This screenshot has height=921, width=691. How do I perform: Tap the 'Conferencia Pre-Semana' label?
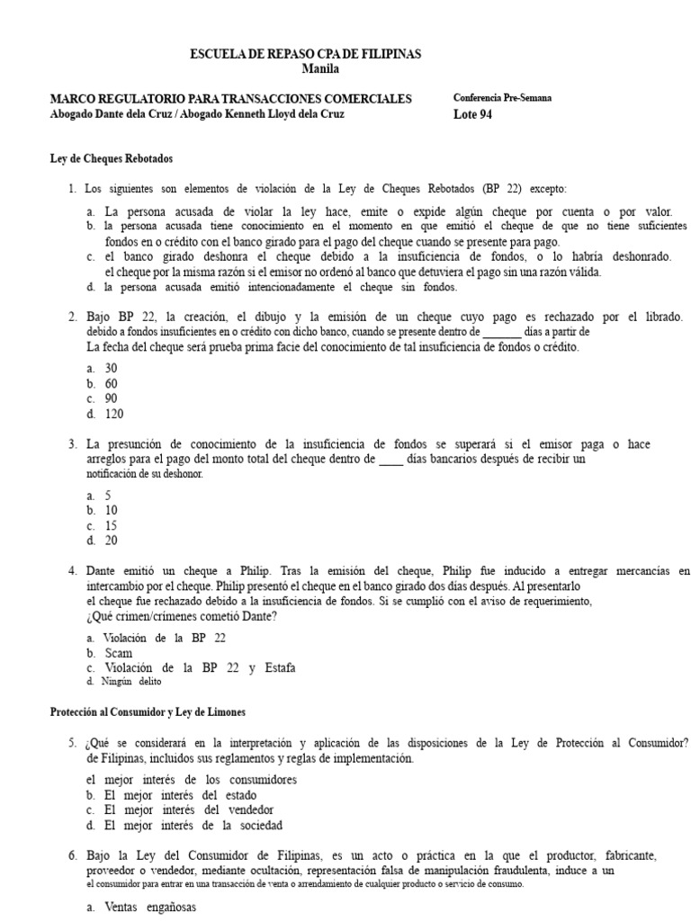pos(503,98)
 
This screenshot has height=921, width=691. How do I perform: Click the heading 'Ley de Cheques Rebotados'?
pos(111,158)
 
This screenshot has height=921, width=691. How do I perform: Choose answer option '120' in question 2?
pos(113,415)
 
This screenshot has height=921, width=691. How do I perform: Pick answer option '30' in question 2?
pos(111,369)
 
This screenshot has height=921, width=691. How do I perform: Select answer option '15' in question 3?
pos(111,526)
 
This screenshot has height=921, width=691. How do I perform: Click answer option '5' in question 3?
pos(108,496)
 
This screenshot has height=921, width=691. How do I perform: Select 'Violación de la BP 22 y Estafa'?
pos(200,667)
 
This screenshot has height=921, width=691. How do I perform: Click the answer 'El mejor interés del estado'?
pos(180,795)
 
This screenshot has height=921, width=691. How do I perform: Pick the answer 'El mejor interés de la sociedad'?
pos(193,825)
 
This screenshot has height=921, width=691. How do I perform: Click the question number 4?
pos(72,570)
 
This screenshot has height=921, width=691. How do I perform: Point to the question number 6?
pos(72,854)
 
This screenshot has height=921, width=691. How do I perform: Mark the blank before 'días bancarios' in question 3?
pos(391,460)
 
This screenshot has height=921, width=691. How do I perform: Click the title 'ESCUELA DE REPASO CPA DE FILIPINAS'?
pos(305,54)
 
